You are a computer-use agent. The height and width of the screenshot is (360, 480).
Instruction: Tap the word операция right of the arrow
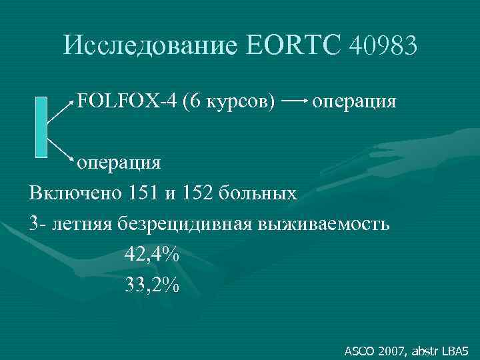point(354,103)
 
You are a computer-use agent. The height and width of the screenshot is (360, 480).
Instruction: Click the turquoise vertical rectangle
point(41,127)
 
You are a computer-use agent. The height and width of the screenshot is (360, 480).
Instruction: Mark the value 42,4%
point(152,254)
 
